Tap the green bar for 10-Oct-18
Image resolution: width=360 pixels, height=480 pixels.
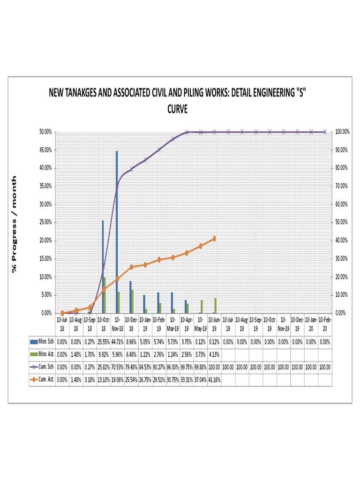click(x=105, y=295)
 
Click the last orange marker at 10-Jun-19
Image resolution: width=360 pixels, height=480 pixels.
click(x=214, y=239)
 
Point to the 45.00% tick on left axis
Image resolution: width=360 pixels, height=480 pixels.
click(x=45, y=150)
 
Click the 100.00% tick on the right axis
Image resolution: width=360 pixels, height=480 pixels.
click(x=343, y=132)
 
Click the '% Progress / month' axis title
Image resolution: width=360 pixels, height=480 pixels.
click(x=15, y=224)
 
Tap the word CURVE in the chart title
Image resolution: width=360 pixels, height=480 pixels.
click(x=177, y=109)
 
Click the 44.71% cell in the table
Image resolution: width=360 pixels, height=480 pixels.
click(x=117, y=342)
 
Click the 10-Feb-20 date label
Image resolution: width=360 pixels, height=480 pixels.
click(x=325, y=324)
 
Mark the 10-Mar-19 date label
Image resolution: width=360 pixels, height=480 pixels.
click(x=172, y=324)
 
